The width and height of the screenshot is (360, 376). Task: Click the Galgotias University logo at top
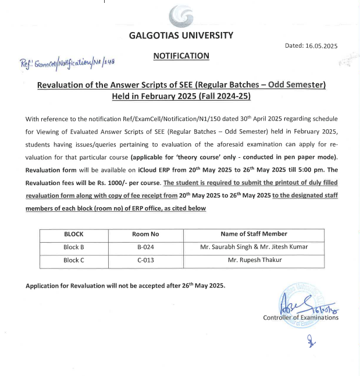(181, 16)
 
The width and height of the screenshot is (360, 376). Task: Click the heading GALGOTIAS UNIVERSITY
(181, 35)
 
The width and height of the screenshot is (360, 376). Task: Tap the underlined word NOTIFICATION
(181, 56)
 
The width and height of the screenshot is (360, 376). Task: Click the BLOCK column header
(74, 234)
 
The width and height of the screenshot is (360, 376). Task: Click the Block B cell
(74, 247)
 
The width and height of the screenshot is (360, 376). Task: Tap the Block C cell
(74, 260)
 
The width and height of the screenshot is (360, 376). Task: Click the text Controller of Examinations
(301, 317)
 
